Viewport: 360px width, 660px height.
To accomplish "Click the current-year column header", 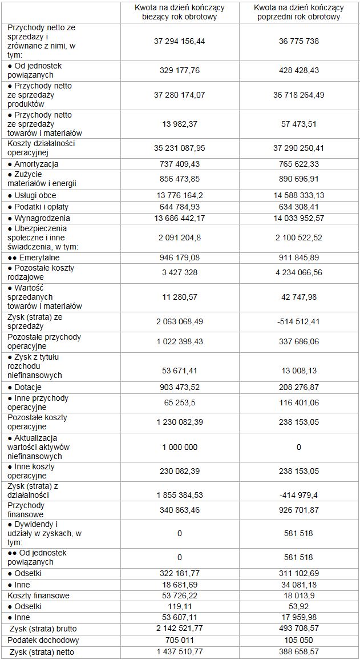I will (179, 12).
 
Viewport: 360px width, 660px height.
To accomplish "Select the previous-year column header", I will (299, 12).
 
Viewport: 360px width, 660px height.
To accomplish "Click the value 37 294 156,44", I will (179, 41).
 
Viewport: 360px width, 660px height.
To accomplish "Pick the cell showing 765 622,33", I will (299, 164).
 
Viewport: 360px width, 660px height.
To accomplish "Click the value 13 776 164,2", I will (179, 195).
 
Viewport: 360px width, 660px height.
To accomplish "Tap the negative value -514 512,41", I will (299, 321).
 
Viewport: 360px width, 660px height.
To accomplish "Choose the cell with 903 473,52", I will (179, 387).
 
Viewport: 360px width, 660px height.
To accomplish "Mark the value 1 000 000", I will (179, 447).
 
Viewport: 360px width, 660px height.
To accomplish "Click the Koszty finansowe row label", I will (39, 595).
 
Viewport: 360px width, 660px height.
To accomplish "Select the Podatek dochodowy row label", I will (43, 640).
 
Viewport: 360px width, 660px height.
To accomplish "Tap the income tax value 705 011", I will (179, 640).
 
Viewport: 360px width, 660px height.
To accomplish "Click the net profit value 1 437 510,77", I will (179, 651).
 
